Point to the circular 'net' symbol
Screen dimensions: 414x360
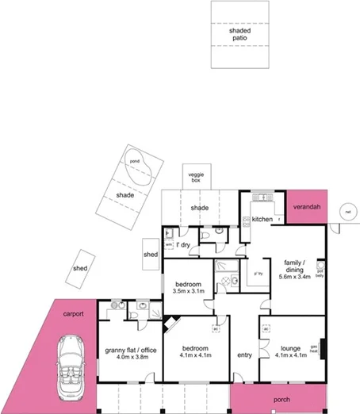click(x=347, y=212)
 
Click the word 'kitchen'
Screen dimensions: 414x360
click(x=262, y=219)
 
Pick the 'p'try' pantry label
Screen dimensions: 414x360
click(x=257, y=274)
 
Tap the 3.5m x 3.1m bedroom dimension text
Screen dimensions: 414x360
click(x=189, y=291)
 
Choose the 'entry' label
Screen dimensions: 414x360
click(x=244, y=355)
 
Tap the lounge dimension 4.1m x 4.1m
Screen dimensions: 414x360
click(x=285, y=355)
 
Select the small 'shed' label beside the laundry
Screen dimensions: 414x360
click(x=151, y=255)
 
